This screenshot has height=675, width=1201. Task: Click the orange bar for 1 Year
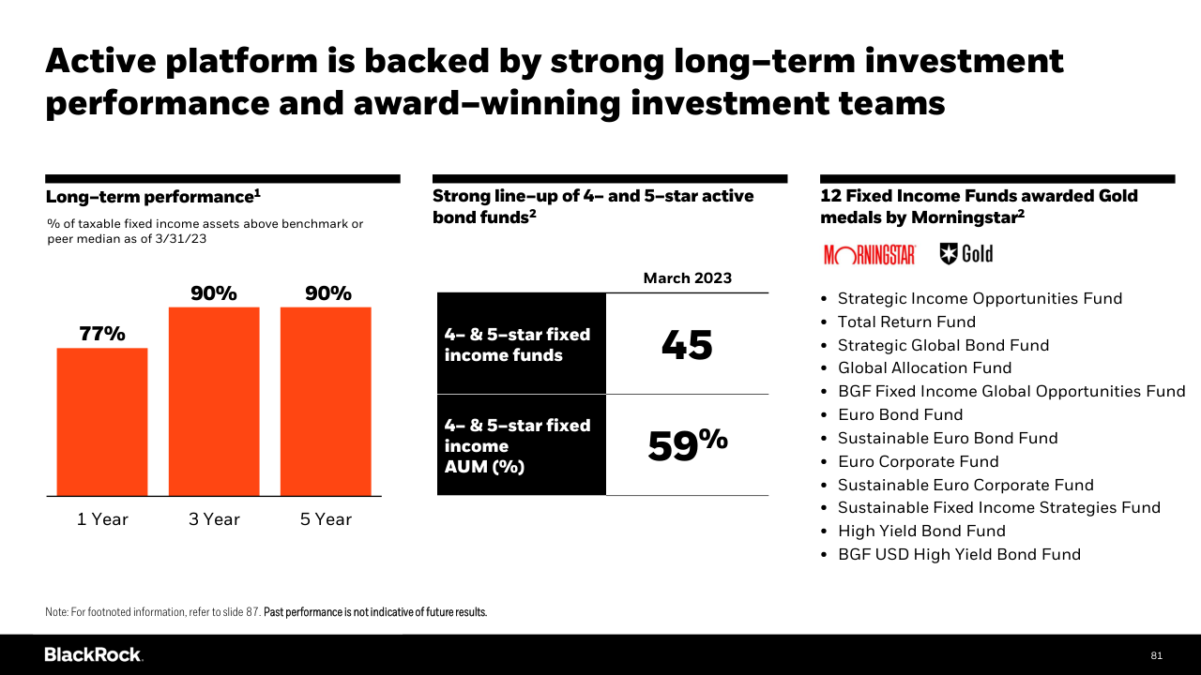click(x=102, y=422)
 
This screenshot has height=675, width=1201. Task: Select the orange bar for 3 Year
click(x=214, y=401)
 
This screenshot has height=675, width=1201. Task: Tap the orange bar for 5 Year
click(x=326, y=401)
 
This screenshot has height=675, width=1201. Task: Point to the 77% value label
click(x=102, y=334)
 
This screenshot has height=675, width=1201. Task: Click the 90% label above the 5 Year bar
click(x=328, y=293)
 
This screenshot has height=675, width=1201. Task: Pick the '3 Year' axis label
click(x=214, y=519)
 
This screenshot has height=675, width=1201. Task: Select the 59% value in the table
click(x=688, y=444)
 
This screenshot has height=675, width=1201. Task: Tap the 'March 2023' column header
click(x=688, y=278)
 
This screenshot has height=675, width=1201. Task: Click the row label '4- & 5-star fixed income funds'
click(x=517, y=344)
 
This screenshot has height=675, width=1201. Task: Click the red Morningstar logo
click(x=870, y=255)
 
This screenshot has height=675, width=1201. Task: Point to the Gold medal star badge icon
click(x=949, y=254)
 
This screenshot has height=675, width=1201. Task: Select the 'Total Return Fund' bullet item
click(x=906, y=322)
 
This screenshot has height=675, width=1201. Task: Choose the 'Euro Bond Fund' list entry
click(x=900, y=414)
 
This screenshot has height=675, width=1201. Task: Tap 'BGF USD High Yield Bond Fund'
click(x=959, y=554)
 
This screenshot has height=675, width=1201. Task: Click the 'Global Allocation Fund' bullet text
click(x=925, y=368)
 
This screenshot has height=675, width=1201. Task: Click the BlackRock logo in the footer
click(x=94, y=654)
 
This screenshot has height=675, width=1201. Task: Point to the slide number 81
click(x=1156, y=655)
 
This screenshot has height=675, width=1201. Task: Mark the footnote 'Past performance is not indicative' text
click(x=375, y=612)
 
